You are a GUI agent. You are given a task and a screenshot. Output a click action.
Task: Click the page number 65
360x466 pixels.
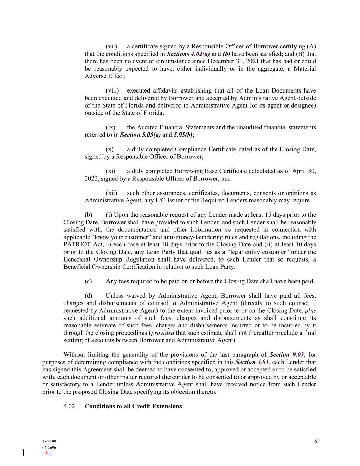[x=317, y=441]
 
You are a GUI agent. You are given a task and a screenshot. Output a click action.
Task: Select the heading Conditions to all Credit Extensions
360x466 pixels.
[x=133, y=406]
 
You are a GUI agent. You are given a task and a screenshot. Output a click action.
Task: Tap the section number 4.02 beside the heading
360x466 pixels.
[x=69, y=406]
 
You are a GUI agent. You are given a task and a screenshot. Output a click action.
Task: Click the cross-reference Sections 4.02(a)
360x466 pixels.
[x=188, y=54]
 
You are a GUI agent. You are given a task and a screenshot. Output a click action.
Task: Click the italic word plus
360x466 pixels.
[x=310, y=310]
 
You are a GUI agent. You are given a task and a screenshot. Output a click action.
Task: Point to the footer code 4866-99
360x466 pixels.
[x=47, y=442]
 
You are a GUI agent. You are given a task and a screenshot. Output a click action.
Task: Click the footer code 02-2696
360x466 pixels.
[x=49, y=448]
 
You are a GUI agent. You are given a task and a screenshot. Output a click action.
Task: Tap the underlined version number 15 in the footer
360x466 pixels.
[x=50, y=453]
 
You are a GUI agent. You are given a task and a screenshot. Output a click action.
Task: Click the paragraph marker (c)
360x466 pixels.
[x=88, y=281]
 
